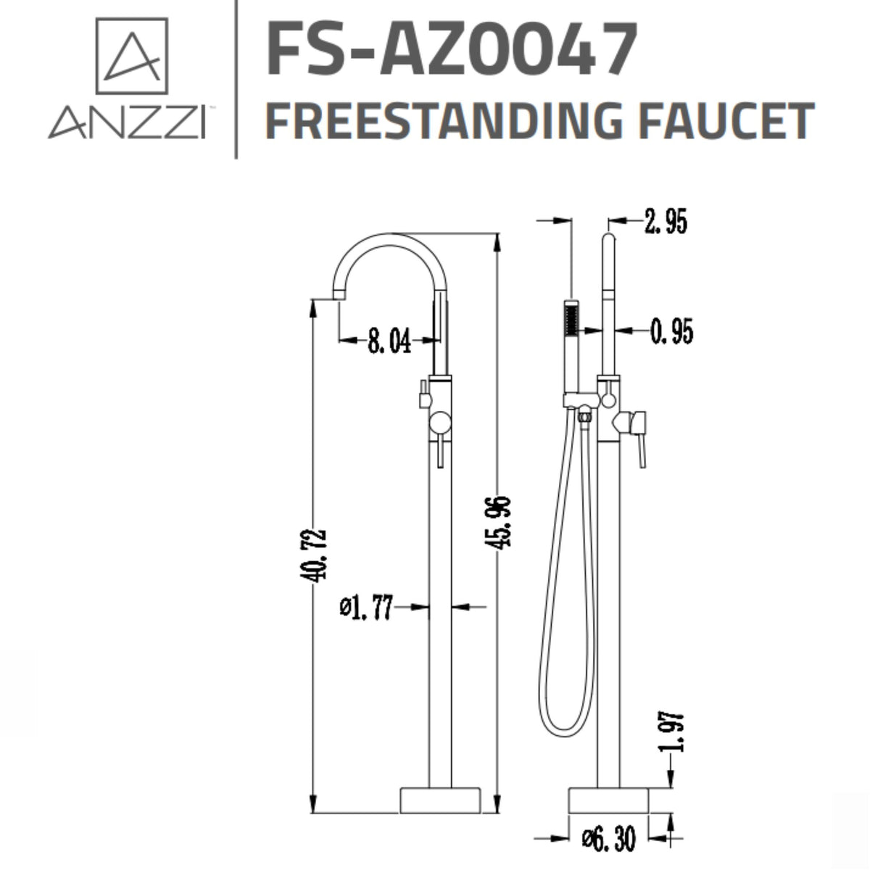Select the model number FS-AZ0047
452,49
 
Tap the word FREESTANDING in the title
443,120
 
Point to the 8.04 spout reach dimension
389,340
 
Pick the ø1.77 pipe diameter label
367,607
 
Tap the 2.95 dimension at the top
665,222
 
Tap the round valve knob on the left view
439,424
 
